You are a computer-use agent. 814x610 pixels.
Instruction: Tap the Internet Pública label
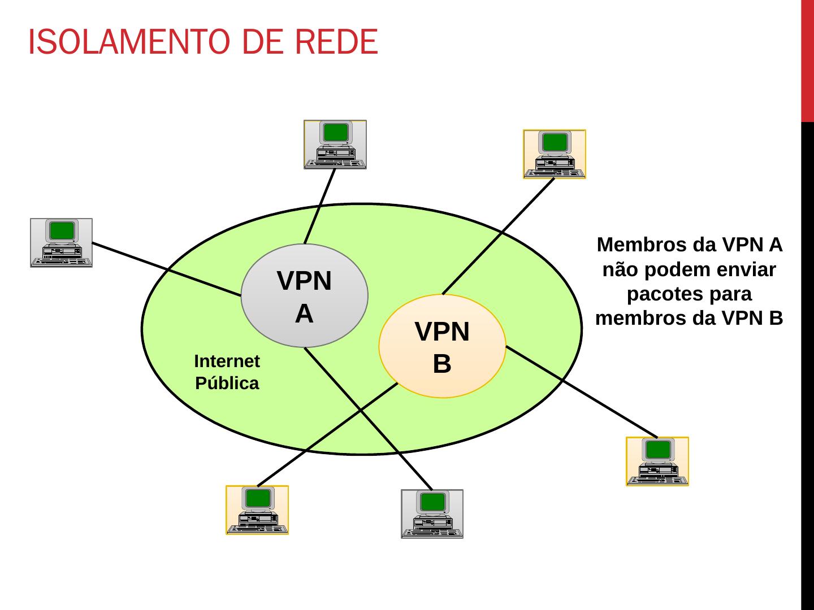(x=227, y=372)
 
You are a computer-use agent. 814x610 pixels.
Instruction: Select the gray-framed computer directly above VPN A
(x=335, y=145)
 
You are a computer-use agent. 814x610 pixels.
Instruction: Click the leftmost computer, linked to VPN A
(x=61, y=243)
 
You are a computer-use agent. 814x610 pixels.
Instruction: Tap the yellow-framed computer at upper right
(x=555, y=154)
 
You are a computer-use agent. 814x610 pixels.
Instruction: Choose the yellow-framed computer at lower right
(x=657, y=461)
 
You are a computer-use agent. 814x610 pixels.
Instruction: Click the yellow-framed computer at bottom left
(x=257, y=510)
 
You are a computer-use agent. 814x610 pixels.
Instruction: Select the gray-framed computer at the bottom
(x=432, y=514)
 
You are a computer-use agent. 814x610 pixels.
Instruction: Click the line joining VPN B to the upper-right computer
(x=497, y=237)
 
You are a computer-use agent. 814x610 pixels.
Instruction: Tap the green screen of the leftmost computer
(x=62, y=230)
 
